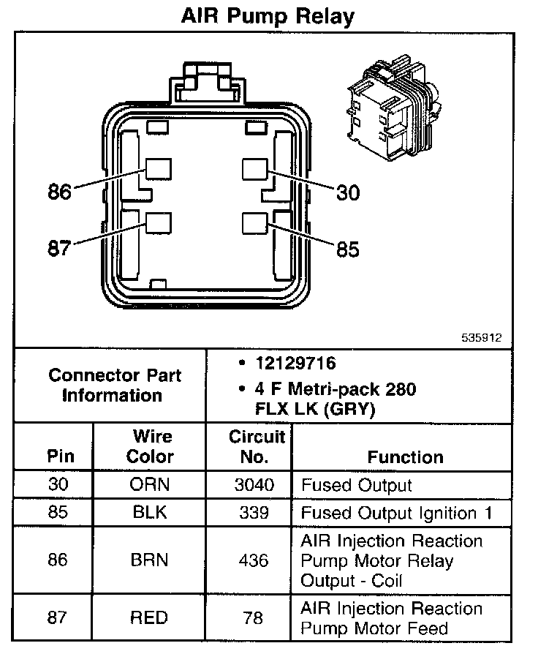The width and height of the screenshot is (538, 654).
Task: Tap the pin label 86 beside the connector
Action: tap(60, 192)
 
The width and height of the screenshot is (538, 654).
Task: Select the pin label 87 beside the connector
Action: tap(60, 248)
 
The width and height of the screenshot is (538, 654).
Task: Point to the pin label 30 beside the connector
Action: tap(349, 192)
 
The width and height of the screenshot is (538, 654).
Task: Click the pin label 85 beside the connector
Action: tap(348, 249)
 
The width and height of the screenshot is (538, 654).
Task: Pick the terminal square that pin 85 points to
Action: tap(254, 222)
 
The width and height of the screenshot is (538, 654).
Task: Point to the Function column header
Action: tap(405, 457)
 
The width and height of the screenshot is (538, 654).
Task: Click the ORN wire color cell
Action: tap(150, 485)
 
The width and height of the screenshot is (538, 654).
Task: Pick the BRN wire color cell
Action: tap(150, 560)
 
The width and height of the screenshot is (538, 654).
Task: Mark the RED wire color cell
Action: tap(150, 618)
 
